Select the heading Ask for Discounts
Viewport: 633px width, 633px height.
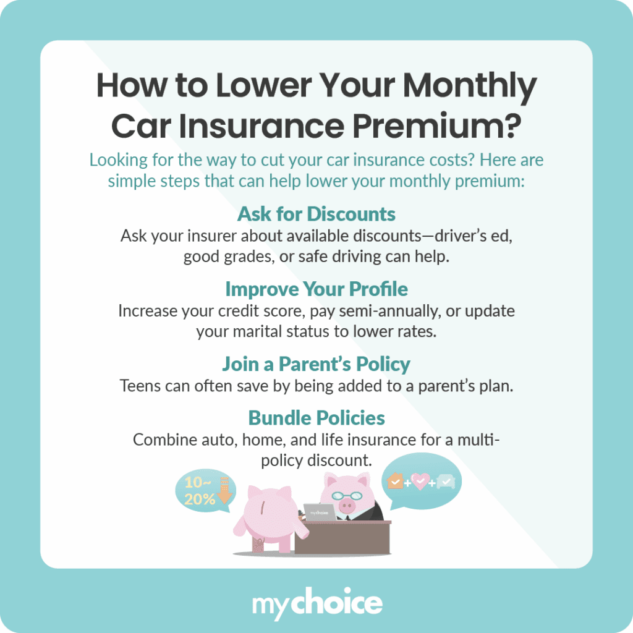316,214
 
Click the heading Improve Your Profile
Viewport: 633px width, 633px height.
316,289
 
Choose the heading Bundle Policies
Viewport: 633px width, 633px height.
316,418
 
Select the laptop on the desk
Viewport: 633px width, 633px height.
320,512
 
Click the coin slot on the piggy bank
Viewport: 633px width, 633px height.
265,510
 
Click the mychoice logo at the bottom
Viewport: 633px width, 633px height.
316,602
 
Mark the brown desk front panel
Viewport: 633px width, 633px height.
343,538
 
